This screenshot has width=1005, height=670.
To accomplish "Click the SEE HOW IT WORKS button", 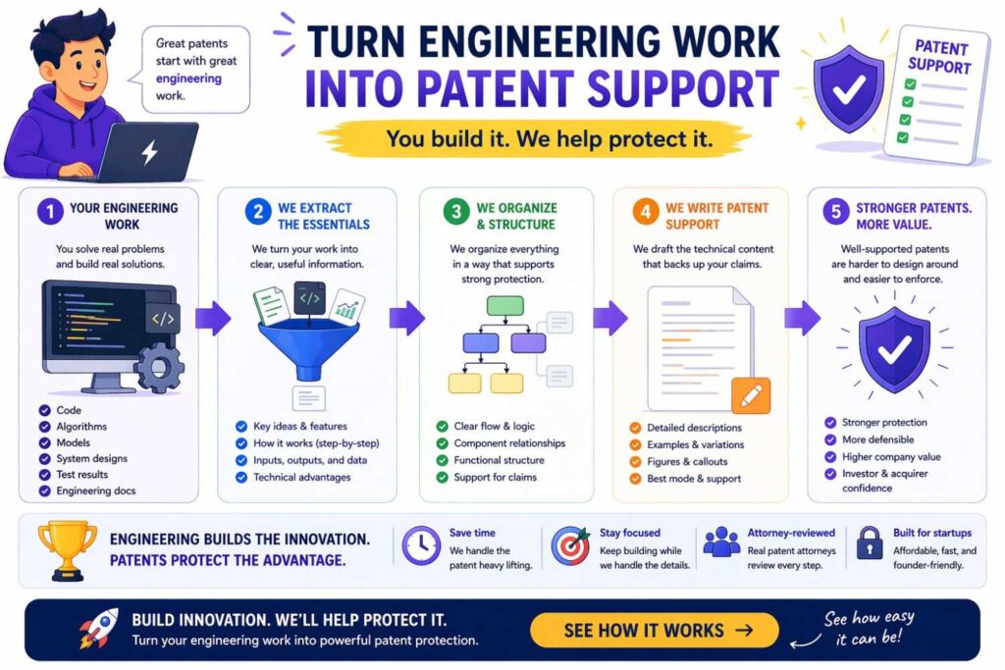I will [x=655, y=630].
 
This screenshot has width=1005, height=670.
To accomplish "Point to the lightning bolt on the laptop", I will [x=149, y=152].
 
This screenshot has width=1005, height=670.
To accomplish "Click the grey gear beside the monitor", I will [x=157, y=368].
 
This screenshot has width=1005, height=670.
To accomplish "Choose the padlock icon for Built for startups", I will [x=869, y=543].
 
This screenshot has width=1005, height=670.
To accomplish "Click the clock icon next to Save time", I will [x=421, y=545].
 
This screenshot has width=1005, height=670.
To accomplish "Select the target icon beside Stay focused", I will [x=570, y=545].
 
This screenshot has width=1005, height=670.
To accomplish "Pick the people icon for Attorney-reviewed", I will [x=721, y=543].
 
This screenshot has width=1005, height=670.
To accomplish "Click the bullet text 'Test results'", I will [x=82, y=474].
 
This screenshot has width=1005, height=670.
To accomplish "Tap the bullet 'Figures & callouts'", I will [x=687, y=461].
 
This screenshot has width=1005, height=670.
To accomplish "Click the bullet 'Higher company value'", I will [x=890, y=456].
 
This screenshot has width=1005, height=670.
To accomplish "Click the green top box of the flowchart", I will [x=504, y=304].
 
